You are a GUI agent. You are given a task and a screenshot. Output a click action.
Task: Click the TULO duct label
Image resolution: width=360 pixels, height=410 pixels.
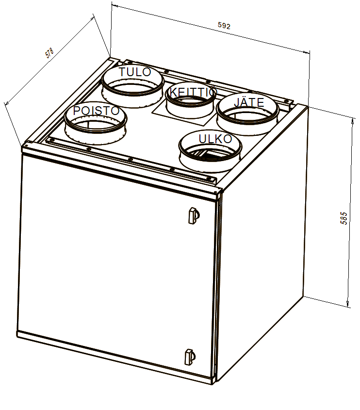pos(135,72)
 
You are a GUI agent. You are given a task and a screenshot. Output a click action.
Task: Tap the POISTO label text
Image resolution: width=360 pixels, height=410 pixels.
pos(96,111)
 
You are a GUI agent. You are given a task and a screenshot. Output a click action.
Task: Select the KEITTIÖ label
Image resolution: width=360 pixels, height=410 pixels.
pos(193,92)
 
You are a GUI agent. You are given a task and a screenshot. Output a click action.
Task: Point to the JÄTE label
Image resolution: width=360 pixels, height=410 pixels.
pos(249,102)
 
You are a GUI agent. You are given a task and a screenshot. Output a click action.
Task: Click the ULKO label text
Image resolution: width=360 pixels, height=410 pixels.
pos(215,139)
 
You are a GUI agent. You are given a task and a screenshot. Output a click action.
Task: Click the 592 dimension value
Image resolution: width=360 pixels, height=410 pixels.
pos(224,26)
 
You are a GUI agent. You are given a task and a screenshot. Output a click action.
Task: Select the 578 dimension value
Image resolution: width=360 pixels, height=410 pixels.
pos(49,52)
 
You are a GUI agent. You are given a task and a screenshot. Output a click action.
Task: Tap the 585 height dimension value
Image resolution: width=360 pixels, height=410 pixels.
pos(344,218)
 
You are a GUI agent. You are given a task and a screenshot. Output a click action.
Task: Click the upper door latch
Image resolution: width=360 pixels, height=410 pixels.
pos(194,215)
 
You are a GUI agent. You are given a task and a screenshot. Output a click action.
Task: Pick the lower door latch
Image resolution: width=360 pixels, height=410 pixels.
pos(190,357)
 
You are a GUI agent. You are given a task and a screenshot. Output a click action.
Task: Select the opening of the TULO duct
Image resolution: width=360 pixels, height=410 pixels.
pos(133,86)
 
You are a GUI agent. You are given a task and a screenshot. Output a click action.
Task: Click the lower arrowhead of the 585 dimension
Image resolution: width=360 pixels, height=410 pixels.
pos(348,303)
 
